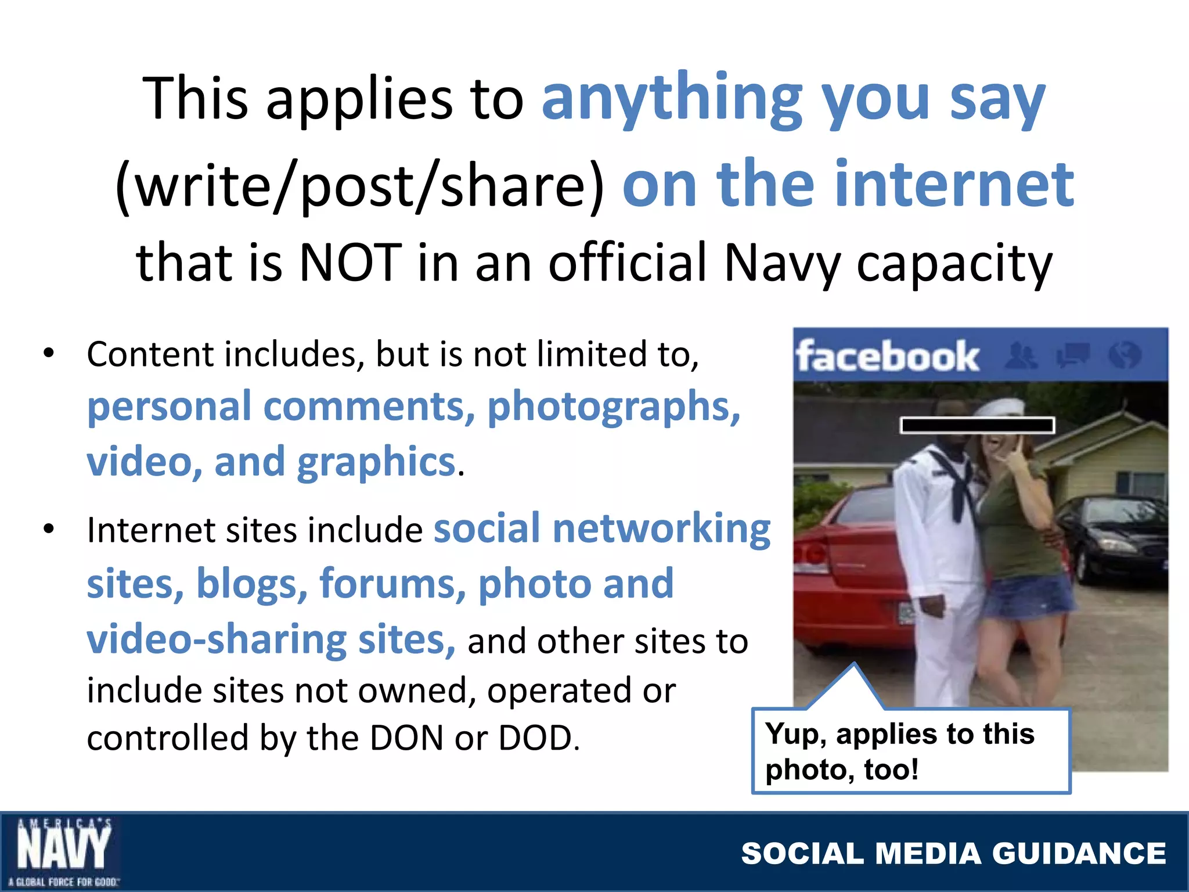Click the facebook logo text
[887, 356]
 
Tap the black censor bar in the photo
[977, 425]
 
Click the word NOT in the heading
[350, 262]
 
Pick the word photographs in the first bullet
[613, 407]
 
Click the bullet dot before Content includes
[49, 353]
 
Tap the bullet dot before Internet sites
[49, 528]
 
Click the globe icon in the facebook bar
[1124, 355]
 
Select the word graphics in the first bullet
[376, 462]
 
